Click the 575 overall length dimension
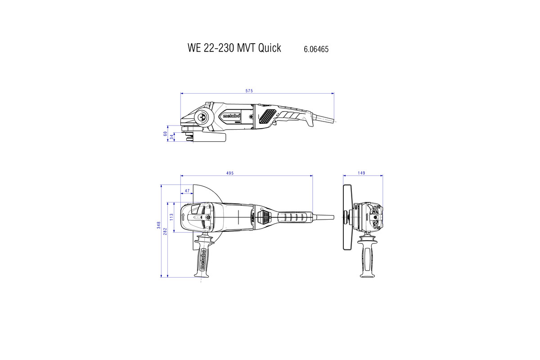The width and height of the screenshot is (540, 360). [x=249, y=91]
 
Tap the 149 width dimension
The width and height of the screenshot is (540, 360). [x=362, y=173]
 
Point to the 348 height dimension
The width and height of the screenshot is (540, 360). [x=159, y=226]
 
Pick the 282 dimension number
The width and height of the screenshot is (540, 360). [x=165, y=231]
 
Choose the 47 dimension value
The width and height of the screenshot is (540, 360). [x=186, y=191]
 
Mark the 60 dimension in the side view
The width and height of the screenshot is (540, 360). [x=165, y=134]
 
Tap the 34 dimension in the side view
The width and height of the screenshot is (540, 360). [x=171, y=137]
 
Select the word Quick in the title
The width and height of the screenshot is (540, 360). [x=269, y=48]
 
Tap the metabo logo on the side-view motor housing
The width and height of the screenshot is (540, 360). [x=231, y=116]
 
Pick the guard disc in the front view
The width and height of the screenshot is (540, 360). [x=346, y=217]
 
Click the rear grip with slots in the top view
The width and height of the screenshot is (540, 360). [x=294, y=217]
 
